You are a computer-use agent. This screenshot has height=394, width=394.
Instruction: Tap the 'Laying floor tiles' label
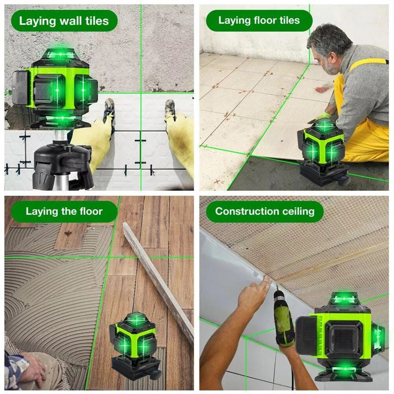click(259, 21)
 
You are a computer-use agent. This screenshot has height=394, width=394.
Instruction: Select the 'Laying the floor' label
click(64, 212)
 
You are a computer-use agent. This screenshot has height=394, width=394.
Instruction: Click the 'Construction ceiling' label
click(264, 212)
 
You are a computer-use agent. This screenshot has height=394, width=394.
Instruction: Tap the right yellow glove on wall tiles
click(180, 138)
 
